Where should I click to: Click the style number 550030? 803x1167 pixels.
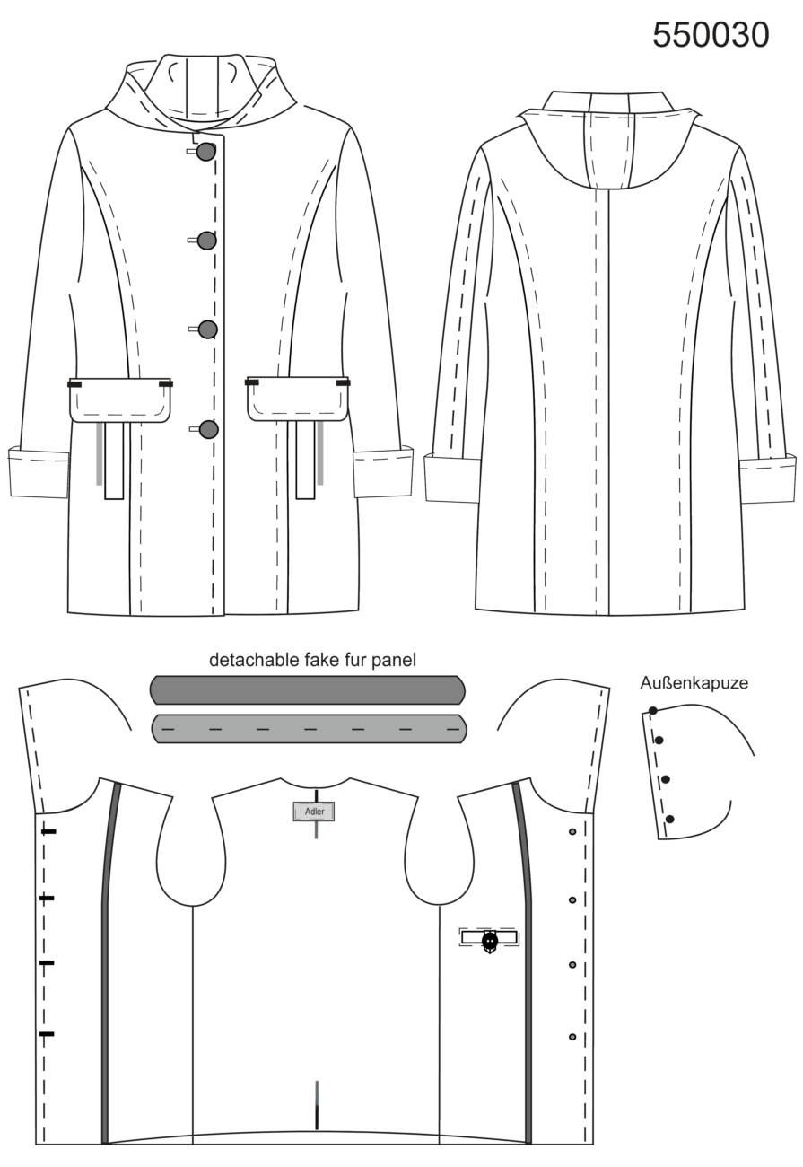point(711,35)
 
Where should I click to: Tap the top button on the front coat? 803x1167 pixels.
point(206,151)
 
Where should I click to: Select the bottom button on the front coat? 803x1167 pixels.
point(209,429)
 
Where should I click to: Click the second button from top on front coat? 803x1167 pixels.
point(207,241)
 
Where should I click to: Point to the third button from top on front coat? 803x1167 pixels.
point(208,329)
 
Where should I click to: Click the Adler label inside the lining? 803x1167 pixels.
point(313,812)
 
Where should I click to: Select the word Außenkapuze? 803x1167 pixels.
point(694,683)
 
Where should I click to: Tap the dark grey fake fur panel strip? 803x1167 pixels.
point(307,689)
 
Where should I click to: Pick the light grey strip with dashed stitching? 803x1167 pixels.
point(309,728)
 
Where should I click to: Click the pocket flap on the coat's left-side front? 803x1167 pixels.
point(120,399)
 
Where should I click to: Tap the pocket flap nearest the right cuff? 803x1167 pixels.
point(298,399)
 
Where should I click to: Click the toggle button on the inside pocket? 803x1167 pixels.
point(489,941)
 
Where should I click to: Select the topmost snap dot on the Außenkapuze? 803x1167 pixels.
point(652,711)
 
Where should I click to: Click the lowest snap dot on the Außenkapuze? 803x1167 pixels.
point(670,819)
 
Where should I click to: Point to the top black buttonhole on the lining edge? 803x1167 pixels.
point(48,832)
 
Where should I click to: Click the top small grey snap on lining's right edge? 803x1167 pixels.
point(572,832)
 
